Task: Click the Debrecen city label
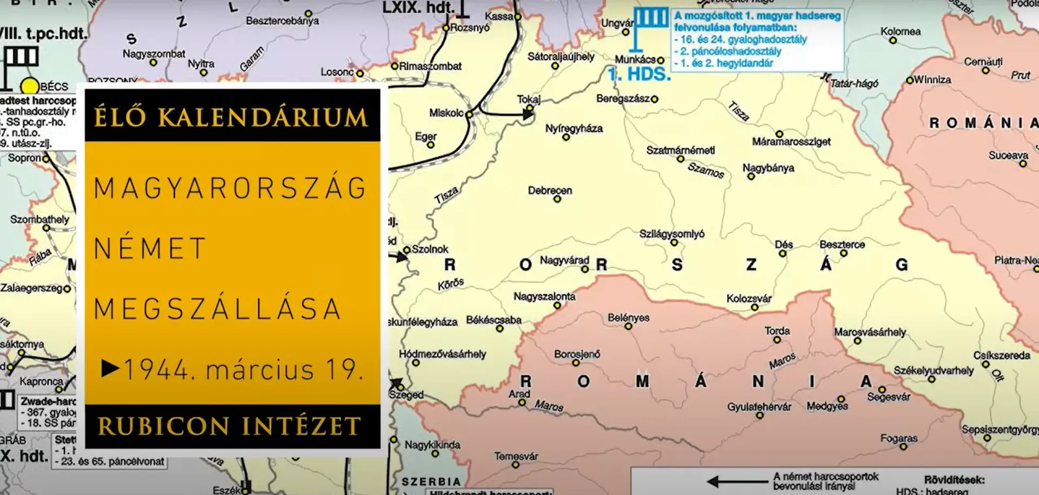click(550, 190)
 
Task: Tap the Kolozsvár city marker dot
click(754, 308)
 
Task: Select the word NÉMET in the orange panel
click(150, 249)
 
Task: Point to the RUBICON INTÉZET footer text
click(229, 426)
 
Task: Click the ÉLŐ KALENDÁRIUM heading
click(231, 117)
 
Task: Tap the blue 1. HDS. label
click(639, 75)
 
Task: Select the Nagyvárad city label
click(564, 260)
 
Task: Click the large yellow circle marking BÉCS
click(30, 86)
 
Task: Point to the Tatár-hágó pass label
click(854, 83)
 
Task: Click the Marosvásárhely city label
click(870, 332)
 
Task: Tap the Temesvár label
click(516, 456)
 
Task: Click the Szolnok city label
click(430, 249)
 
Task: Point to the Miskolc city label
click(446, 113)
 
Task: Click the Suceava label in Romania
click(1008, 155)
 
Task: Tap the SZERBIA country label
click(431, 481)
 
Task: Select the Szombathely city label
click(40, 220)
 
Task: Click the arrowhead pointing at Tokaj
click(528, 114)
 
